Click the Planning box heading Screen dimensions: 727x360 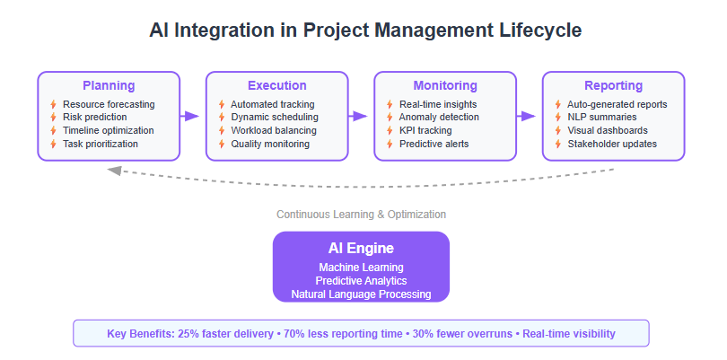click(x=109, y=86)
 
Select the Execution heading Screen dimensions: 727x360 click(x=276, y=86)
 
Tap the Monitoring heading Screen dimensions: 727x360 click(x=445, y=86)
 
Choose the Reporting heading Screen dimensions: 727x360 click(x=613, y=86)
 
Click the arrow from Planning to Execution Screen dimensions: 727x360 click(x=189, y=116)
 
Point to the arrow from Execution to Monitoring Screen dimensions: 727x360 click(x=357, y=116)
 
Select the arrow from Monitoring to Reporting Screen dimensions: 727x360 click(x=526, y=116)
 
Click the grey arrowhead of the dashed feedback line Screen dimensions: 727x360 click(x=114, y=171)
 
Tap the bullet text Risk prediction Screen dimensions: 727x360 click(x=94, y=117)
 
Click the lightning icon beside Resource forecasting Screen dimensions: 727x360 click(x=53, y=104)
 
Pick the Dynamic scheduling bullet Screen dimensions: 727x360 click(x=275, y=117)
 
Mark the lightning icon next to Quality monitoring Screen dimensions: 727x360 click(x=222, y=144)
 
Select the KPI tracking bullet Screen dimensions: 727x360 click(x=425, y=130)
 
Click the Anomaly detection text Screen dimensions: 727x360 click(x=439, y=117)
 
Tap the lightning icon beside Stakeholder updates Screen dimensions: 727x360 click(x=558, y=144)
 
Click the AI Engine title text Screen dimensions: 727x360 click(x=361, y=248)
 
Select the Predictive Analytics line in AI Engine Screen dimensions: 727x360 click(x=361, y=281)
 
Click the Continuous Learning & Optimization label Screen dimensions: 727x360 click(x=361, y=215)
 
